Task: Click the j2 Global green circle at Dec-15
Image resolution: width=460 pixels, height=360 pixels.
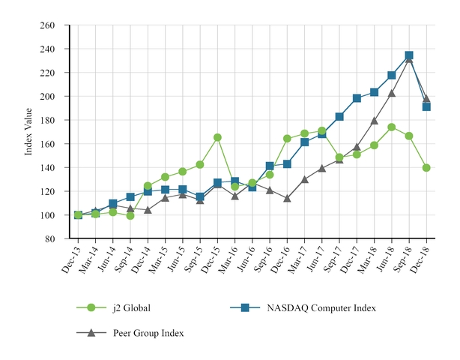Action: click(x=217, y=137)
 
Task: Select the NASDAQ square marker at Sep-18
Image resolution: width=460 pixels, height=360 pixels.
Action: click(x=409, y=55)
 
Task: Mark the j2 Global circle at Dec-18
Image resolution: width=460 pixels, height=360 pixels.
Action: click(x=426, y=168)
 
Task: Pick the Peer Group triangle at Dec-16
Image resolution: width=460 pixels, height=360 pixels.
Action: click(x=287, y=199)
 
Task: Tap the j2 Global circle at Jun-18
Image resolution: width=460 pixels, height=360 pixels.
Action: click(x=391, y=127)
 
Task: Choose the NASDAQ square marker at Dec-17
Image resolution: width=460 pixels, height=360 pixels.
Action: click(x=357, y=98)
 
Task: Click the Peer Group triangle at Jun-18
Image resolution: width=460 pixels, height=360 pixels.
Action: click(x=391, y=93)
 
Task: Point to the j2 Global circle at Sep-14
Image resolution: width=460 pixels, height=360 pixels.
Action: click(x=130, y=215)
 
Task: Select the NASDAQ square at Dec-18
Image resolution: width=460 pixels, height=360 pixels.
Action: click(x=426, y=106)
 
